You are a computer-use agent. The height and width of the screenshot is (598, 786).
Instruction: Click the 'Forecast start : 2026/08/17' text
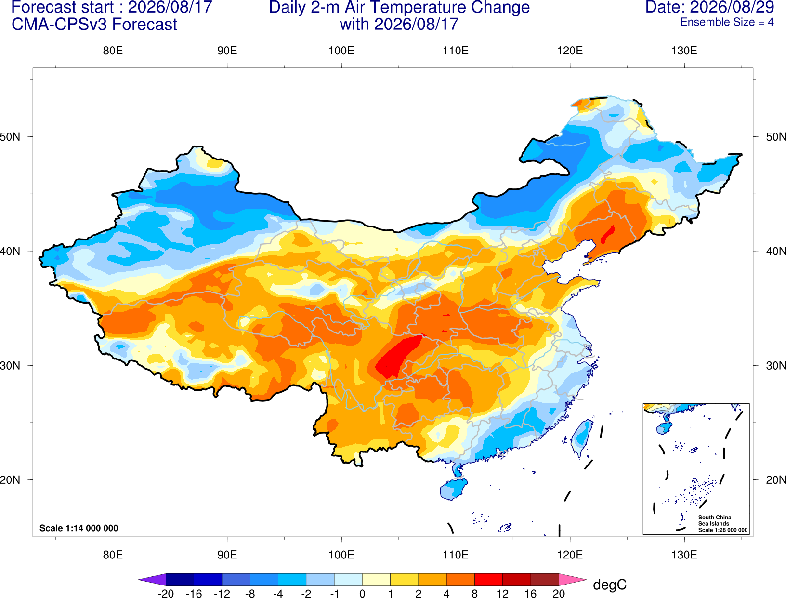[112, 7]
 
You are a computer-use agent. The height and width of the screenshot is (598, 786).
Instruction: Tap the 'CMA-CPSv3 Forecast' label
[94, 25]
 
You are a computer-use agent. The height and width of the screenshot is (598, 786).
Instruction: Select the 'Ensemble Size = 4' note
[727, 22]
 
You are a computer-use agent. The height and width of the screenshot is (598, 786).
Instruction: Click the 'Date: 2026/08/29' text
[709, 7]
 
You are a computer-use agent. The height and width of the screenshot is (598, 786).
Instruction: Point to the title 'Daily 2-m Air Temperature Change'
[399, 7]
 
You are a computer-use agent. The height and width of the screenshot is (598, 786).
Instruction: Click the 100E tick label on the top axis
[341, 51]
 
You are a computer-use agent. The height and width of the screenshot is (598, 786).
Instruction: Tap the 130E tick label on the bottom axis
[684, 555]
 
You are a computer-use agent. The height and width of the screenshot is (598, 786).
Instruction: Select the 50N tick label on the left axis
[10, 136]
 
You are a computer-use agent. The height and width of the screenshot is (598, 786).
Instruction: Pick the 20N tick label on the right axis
[776, 479]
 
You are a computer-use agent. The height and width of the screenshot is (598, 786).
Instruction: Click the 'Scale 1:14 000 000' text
[79, 528]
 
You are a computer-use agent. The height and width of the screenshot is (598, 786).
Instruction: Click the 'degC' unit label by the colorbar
[609, 585]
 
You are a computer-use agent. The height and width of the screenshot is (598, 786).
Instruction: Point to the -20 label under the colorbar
[166, 594]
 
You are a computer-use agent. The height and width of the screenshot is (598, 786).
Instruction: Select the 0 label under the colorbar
[362, 594]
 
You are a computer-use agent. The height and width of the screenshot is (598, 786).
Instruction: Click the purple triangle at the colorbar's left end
[152, 579]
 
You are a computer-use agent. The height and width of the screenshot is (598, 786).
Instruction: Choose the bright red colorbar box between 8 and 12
[488, 579]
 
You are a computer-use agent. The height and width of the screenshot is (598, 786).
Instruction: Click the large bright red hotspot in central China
[397, 357]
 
